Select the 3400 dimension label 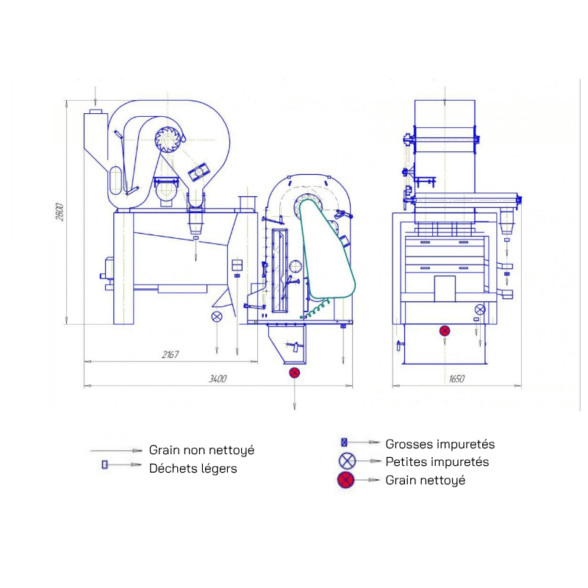pos(217,379)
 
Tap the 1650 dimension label pos(456,379)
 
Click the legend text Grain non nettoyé pos(201,450)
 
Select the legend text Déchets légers pos(193,468)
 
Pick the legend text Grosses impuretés pos(440,444)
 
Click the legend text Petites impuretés pos(437,462)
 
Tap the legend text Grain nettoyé pos(425,481)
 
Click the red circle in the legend pos(347,481)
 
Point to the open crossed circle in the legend pos(347,462)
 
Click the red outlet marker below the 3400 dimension pos(295,373)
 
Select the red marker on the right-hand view pos(445,331)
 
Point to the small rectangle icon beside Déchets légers pos(104,465)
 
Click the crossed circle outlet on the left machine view pos(217,317)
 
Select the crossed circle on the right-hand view pos(480,309)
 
